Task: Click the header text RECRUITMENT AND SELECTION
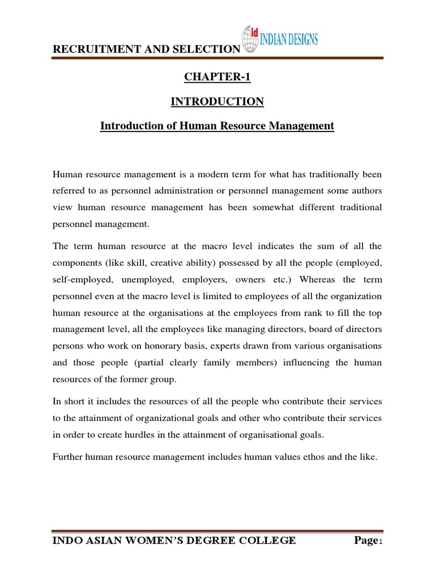point(146,50)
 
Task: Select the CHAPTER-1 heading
point(217,77)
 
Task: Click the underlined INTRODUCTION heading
point(217,101)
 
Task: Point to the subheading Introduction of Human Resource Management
point(217,126)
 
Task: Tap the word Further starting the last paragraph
point(68,457)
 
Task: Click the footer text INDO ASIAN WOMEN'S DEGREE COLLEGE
point(174,541)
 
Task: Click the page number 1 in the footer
point(381,543)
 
